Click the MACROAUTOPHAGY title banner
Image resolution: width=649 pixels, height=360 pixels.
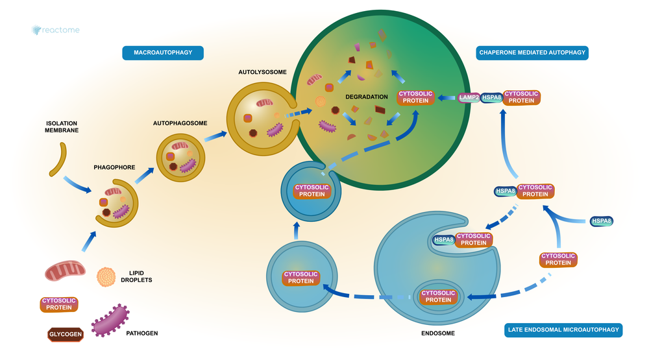(x=163, y=53)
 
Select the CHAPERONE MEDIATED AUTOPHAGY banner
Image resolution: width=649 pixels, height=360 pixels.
(x=532, y=53)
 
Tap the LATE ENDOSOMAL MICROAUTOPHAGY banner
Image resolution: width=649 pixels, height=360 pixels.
(x=563, y=330)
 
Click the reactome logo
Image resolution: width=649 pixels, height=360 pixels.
(x=55, y=30)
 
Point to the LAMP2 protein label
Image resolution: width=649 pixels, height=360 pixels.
(x=469, y=98)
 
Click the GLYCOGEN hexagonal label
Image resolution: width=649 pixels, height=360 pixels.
(x=66, y=334)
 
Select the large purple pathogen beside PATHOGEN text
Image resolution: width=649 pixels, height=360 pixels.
(x=110, y=320)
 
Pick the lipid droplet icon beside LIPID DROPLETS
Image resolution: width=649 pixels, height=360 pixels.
(x=106, y=277)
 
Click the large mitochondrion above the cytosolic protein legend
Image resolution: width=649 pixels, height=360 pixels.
(x=65, y=270)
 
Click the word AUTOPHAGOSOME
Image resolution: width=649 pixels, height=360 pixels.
(x=180, y=123)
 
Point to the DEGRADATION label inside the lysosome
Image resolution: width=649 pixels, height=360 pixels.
(x=367, y=97)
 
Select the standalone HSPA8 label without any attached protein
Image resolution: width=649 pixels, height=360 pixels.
(x=602, y=221)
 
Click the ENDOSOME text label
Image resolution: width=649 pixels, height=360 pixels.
(x=438, y=333)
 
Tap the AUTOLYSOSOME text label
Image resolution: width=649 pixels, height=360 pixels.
(x=262, y=72)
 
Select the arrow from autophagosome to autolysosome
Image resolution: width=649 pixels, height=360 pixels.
(x=215, y=136)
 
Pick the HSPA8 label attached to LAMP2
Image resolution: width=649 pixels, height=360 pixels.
(x=492, y=98)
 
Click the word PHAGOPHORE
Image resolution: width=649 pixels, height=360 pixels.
(x=114, y=167)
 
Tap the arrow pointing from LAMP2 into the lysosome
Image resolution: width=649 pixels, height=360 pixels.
(x=447, y=98)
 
